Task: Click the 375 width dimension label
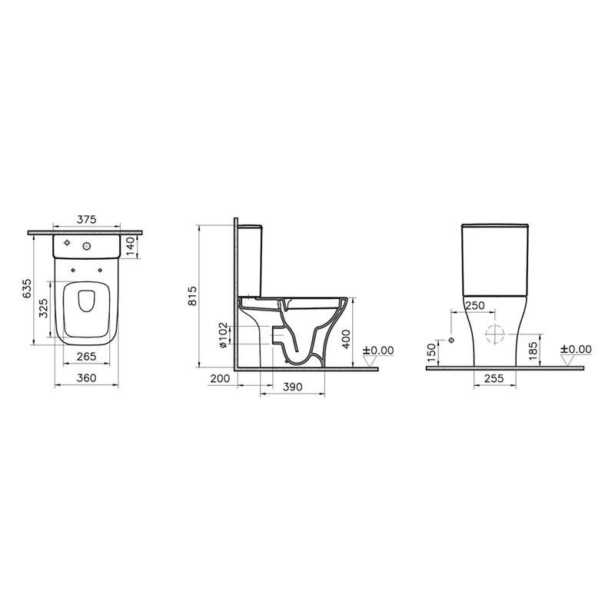pyautogui.click(x=86, y=220)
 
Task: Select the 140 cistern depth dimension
pyautogui.click(x=131, y=246)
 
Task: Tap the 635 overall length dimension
pyautogui.click(x=28, y=289)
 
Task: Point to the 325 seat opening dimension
pyautogui.click(x=44, y=308)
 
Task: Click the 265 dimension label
pyautogui.click(x=87, y=357)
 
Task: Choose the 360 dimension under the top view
pyautogui.click(x=86, y=378)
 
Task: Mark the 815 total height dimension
pyautogui.click(x=194, y=296)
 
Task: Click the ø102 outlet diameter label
pyautogui.click(x=223, y=335)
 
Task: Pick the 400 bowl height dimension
pyautogui.click(x=346, y=339)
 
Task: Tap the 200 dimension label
pyautogui.click(x=221, y=379)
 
